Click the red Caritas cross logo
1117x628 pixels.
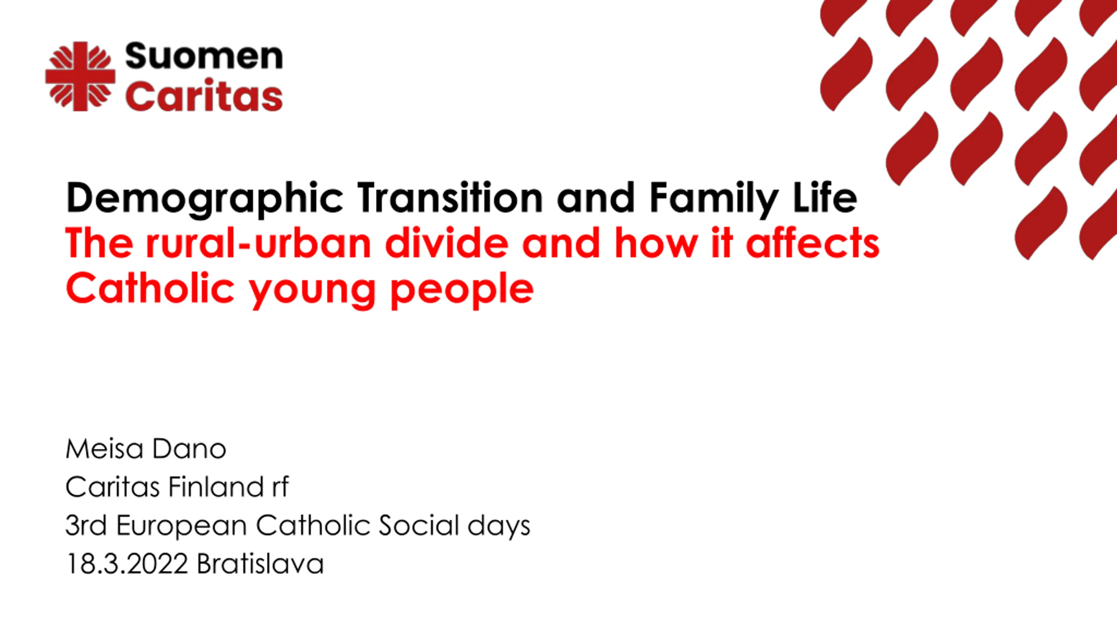(80, 76)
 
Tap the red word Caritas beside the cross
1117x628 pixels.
(204, 95)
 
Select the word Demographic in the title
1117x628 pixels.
(205, 199)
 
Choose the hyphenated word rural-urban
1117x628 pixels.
(258, 243)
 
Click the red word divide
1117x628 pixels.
(447, 243)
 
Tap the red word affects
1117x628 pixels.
(812, 243)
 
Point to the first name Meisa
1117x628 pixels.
(104, 449)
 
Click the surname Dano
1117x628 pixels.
(189, 449)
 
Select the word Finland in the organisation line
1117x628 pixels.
(216, 487)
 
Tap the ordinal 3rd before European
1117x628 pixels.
(86, 525)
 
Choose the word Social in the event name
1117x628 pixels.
(419, 525)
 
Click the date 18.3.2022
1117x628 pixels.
(127, 563)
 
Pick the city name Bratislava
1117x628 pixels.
(260, 563)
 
